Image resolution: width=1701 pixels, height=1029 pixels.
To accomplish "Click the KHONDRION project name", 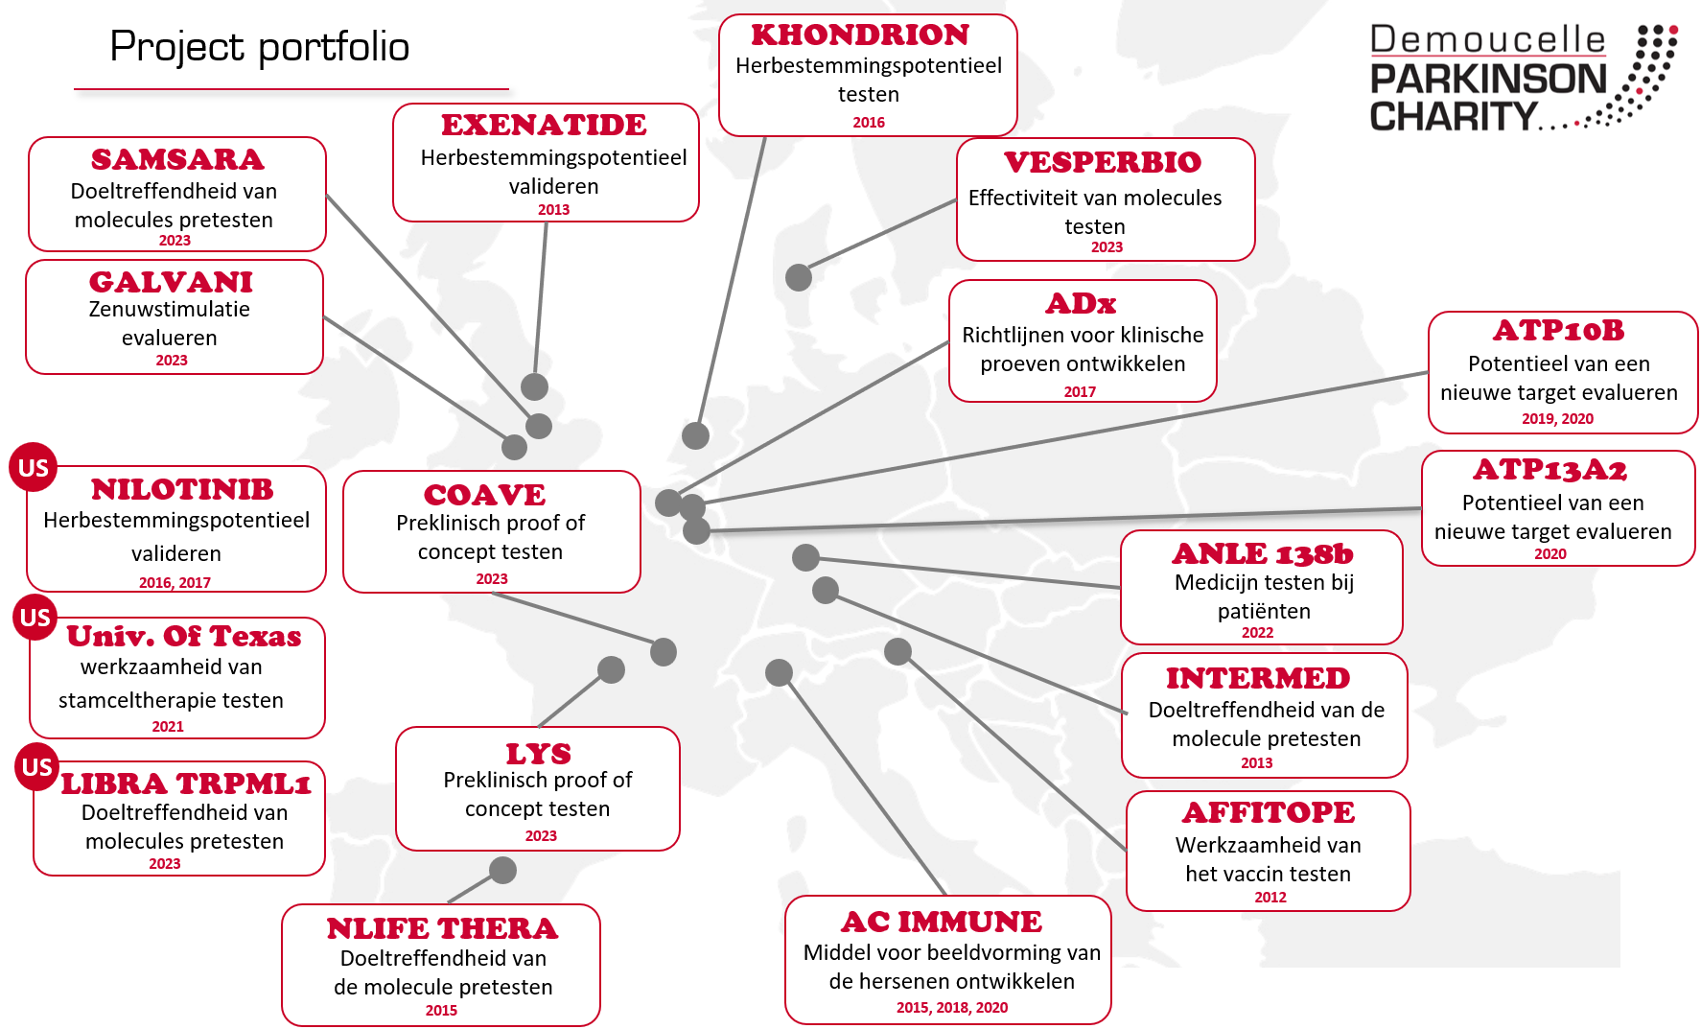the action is pyautogui.click(x=860, y=35).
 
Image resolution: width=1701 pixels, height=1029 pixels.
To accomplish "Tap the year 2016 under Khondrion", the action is pyautogui.click(x=869, y=123).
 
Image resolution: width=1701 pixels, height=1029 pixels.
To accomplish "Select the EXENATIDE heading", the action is pyautogui.click(x=544, y=126).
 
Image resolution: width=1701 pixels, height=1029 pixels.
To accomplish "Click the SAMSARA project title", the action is pyautogui.click(x=177, y=160).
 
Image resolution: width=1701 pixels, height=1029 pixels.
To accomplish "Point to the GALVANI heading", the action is pyautogui.click(x=172, y=283).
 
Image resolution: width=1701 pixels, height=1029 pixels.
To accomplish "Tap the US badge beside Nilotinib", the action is pyautogui.click(x=34, y=467).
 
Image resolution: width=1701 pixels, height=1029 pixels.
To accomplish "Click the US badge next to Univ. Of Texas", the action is pyautogui.click(x=35, y=618).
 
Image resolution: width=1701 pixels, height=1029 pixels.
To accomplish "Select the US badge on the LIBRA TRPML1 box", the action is pyautogui.click(x=37, y=767).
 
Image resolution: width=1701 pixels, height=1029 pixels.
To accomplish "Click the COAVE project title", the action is pyautogui.click(x=484, y=496).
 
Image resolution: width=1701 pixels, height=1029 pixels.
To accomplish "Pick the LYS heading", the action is pyautogui.click(x=539, y=755).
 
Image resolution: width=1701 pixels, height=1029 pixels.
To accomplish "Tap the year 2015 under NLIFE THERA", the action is pyautogui.click(x=441, y=1011).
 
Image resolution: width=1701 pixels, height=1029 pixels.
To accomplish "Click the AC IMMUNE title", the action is pyautogui.click(x=942, y=923).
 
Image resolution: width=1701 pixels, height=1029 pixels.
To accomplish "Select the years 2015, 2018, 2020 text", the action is pyautogui.click(x=952, y=1008).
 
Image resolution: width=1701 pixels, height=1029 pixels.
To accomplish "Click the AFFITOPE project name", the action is pyautogui.click(x=1269, y=813).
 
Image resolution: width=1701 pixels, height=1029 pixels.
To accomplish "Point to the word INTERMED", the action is pyautogui.click(x=1258, y=679).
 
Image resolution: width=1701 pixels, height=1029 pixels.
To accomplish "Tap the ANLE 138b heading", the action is pyautogui.click(x=1263, y=554).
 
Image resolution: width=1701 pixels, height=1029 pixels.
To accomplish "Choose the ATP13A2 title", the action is pyautogui.click(x=1550, y=470).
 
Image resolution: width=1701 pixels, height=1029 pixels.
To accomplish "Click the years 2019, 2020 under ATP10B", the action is pyautogui.click(x=1557, y=419).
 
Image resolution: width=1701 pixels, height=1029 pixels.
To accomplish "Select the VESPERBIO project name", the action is pyautogui.click(x=1103, y=163).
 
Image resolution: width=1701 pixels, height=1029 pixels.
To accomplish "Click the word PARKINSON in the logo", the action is pyautogui.click(x=1488, y=80).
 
